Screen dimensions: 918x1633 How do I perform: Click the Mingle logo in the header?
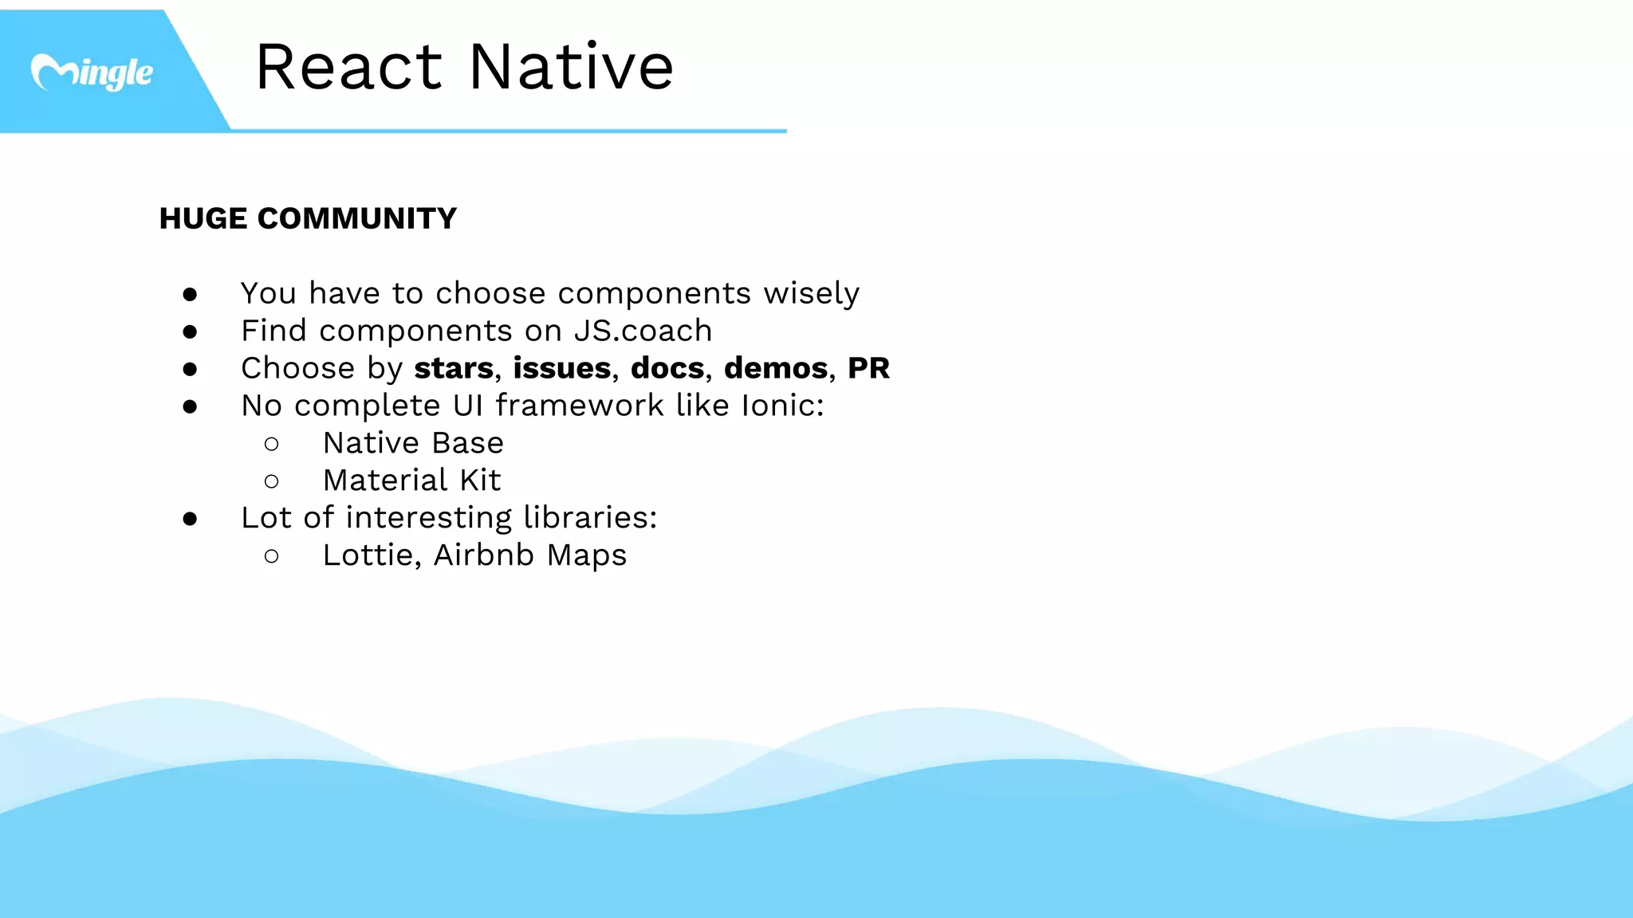92,73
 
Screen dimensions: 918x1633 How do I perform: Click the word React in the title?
348,67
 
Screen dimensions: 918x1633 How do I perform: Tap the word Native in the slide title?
571,67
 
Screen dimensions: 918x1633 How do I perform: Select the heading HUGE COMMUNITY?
308,218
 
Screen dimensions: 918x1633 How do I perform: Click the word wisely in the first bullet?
811,294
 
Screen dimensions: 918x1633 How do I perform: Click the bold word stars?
454,368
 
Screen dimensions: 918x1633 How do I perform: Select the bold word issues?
562,368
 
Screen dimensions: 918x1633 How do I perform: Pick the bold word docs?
667,368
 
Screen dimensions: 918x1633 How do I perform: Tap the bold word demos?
776,368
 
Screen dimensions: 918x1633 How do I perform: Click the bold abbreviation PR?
868,368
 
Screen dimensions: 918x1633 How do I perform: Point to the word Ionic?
778,406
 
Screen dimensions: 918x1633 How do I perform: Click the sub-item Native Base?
413,443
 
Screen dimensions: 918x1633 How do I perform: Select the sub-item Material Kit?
411,481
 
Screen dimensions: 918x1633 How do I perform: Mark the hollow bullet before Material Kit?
271,481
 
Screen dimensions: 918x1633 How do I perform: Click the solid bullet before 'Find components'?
190,331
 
